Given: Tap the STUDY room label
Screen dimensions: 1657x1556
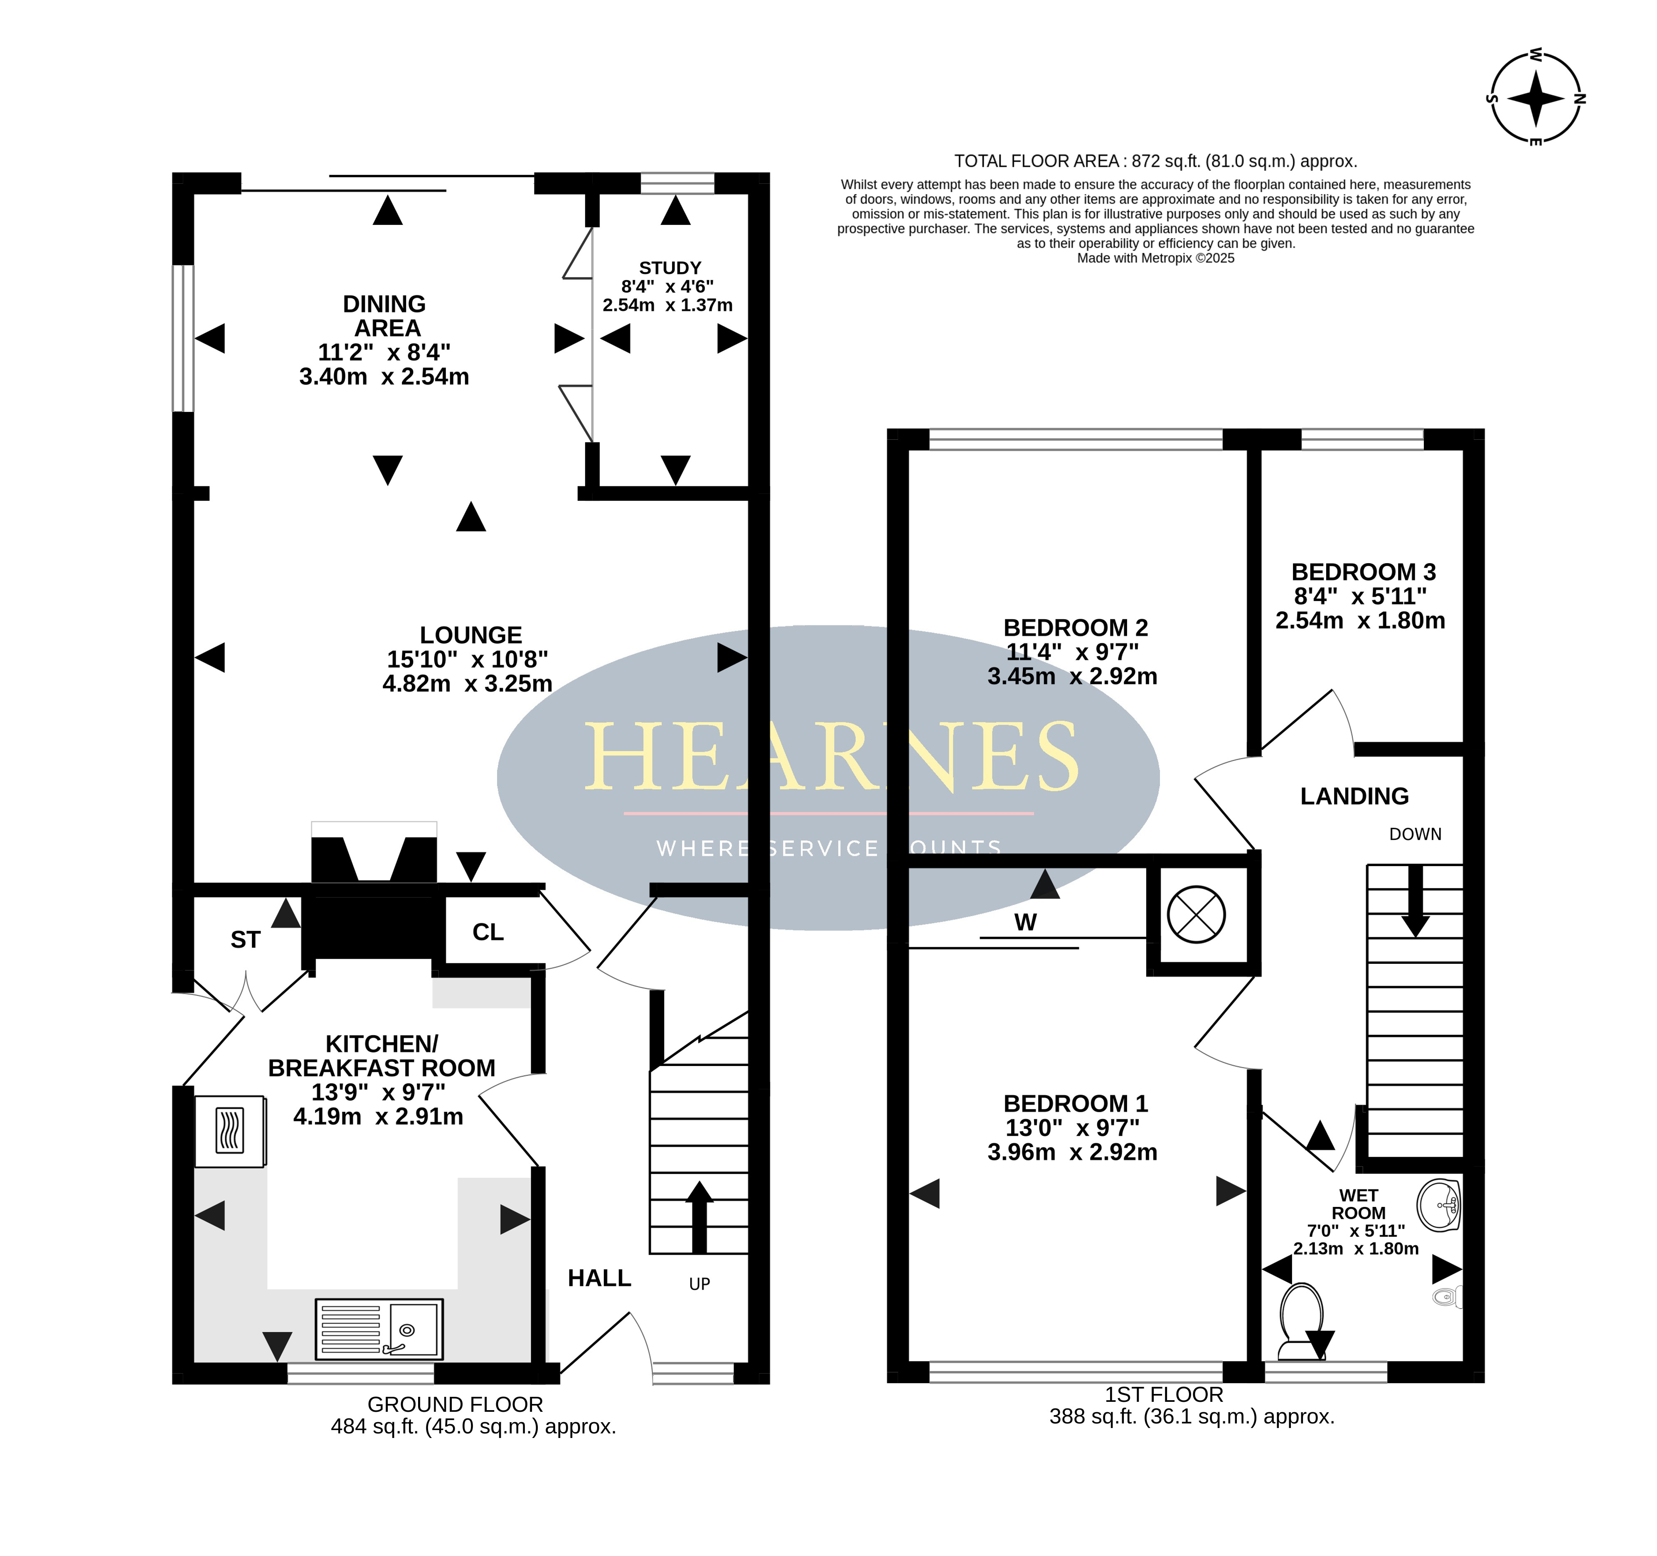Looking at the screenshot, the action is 670,268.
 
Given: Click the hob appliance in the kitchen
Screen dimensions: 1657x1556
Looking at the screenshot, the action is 230,1131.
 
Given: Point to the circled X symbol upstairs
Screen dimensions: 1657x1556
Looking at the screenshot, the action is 1196,914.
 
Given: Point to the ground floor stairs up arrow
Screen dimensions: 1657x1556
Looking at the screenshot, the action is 699,1218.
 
